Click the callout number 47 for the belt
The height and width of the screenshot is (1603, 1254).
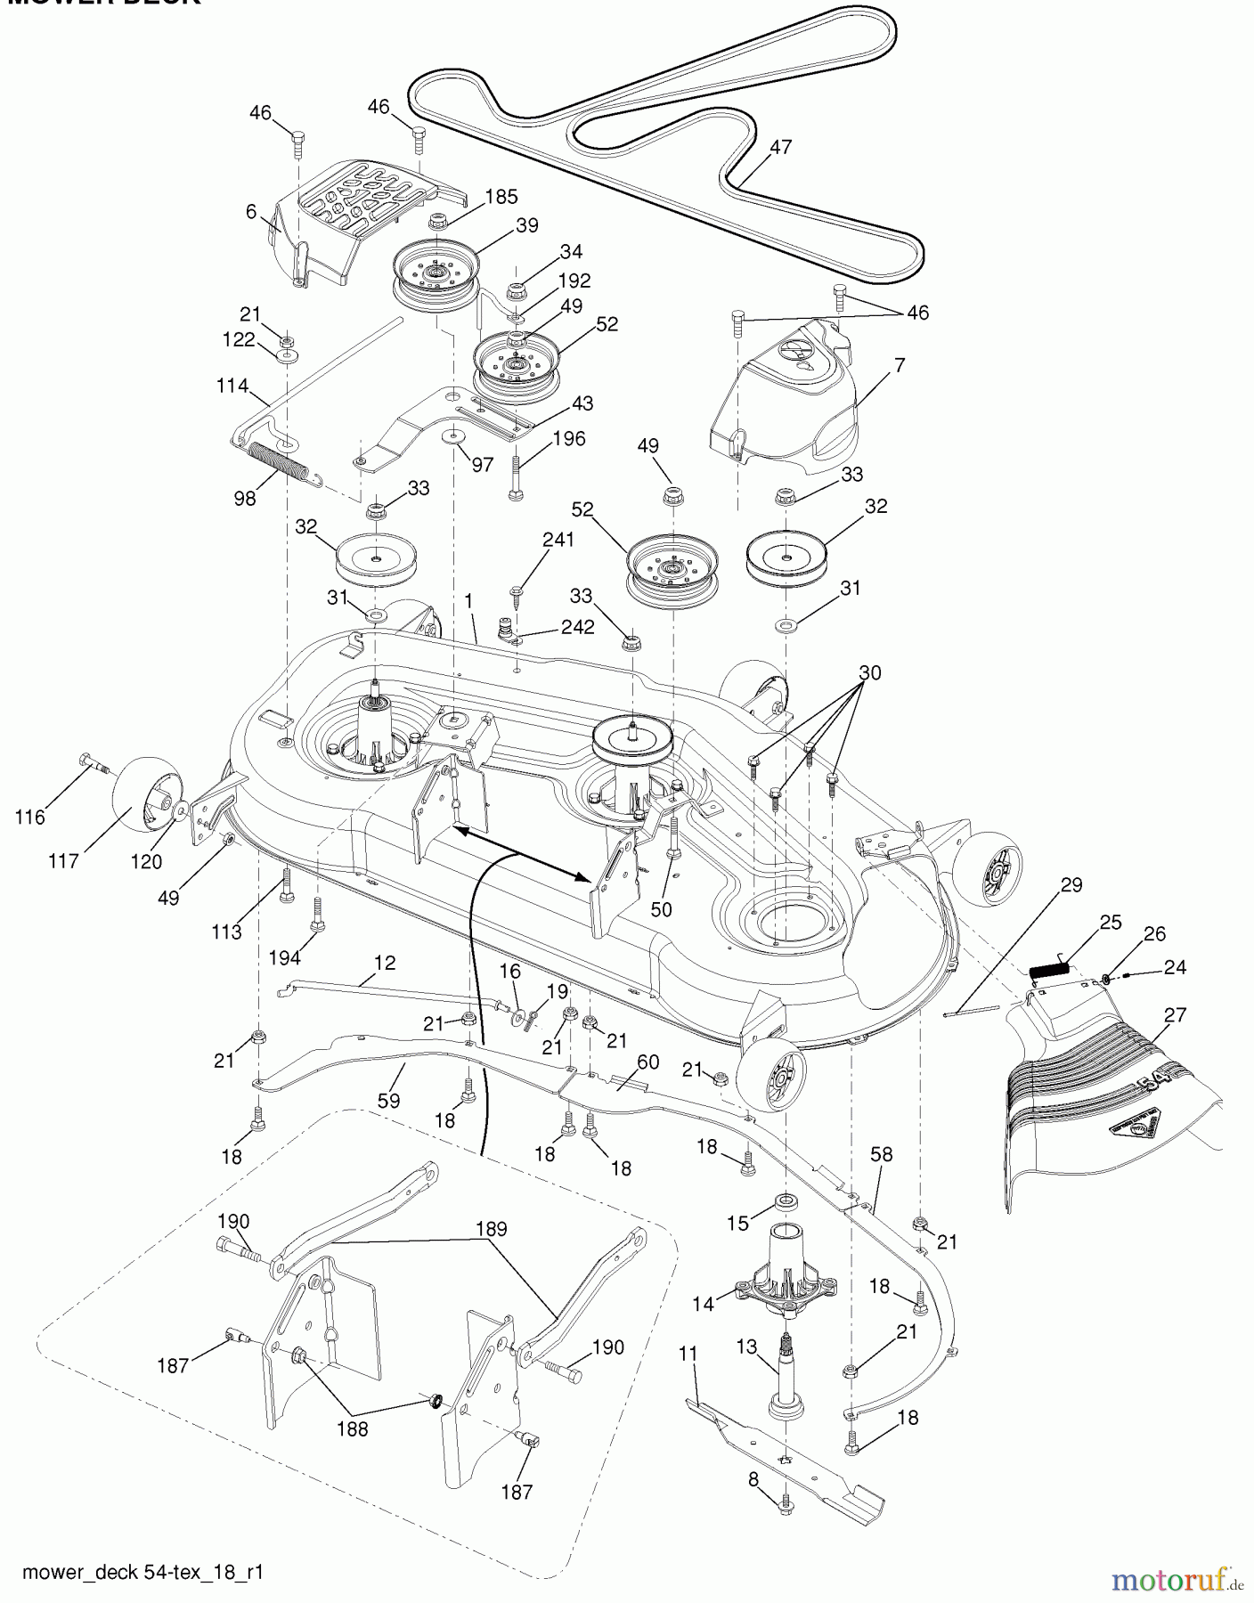pos(780,148)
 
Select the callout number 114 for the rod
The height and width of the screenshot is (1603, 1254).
pos(232,386)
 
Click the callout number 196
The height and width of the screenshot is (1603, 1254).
pos(569,438)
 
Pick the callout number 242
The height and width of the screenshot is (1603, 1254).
pos(577,627)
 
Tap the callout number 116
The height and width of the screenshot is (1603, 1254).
pos(30,817)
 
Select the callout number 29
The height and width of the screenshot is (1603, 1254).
pos(1071,884)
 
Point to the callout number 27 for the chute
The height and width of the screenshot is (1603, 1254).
pos(1175,1014)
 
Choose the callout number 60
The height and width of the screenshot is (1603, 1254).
pos(647,1062)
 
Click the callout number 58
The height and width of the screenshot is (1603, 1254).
pos(880,1154)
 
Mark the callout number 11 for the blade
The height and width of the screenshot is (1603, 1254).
pos(688,1354)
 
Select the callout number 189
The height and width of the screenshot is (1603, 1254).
pos(492,1229)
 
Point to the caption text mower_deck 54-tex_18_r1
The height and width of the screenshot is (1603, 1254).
pos(142,1572)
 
